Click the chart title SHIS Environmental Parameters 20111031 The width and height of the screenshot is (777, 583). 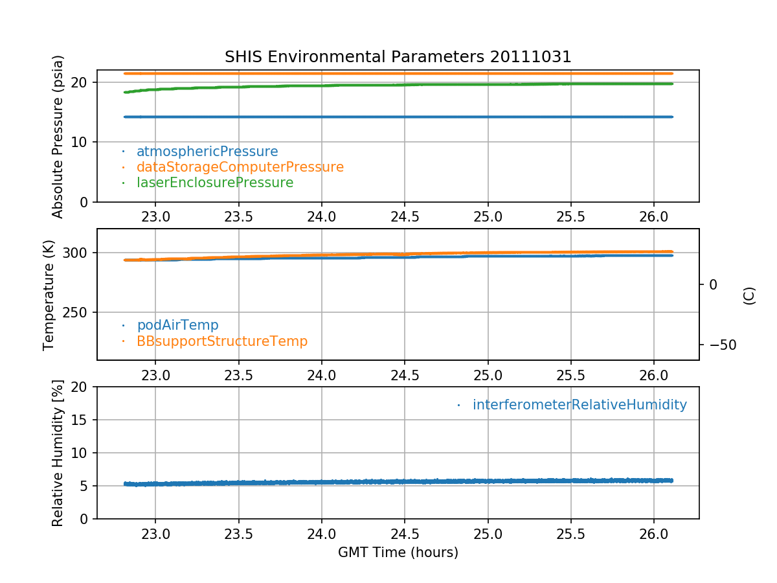(398, 57)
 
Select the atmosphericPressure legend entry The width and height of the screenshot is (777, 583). (207, 152)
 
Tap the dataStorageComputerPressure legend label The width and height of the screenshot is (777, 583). (240, 167)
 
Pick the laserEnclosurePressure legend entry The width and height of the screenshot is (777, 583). (215, 183)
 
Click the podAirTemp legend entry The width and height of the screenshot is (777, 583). (177, 325)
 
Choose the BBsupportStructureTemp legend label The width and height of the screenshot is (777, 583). (222, 341)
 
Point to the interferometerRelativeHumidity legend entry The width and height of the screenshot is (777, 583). (580, 405)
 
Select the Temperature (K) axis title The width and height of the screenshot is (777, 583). (50, 295)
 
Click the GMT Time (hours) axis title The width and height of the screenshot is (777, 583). (398, 553)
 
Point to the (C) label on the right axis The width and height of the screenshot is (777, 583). (749, 295)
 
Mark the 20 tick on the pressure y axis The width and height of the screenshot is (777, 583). (81, 82)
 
